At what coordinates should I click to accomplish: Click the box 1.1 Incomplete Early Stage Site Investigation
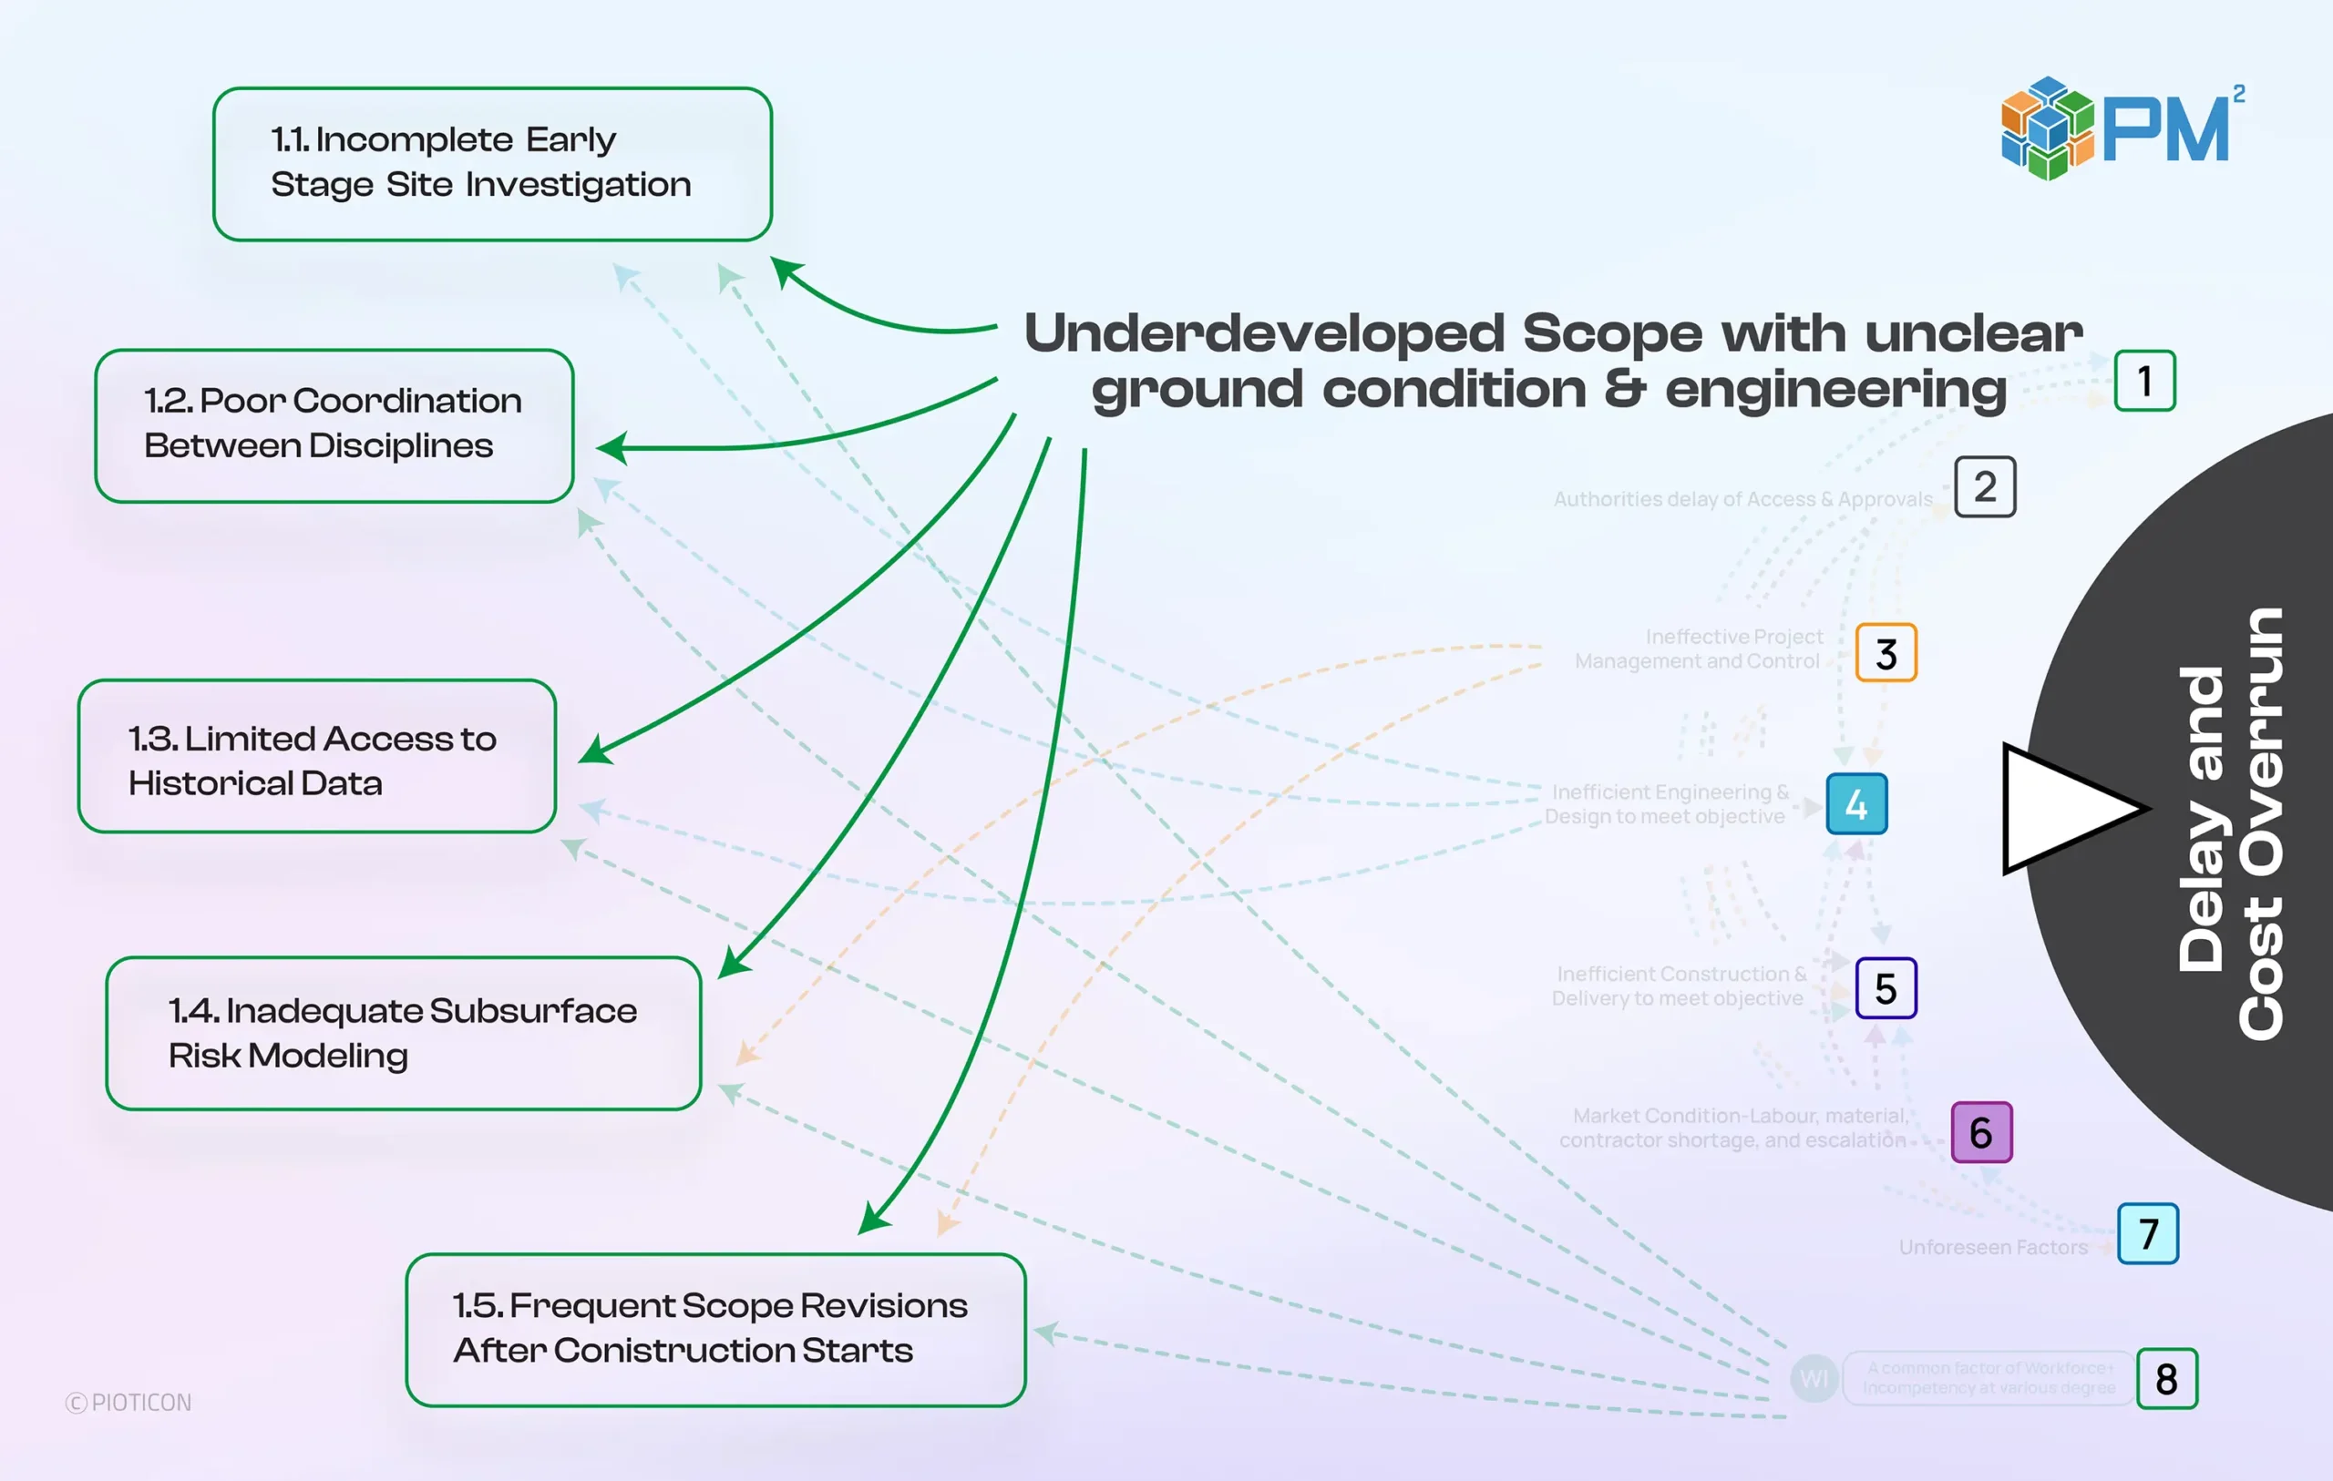coord(492,164)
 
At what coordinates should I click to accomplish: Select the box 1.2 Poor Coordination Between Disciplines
coord(334,425)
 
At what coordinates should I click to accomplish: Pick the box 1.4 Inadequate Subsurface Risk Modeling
coord(403,1033)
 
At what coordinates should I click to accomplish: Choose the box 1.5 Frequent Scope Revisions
coord(715,1329)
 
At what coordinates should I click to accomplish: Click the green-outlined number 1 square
coord(2144,381)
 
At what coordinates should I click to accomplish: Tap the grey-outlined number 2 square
coord(1984,486)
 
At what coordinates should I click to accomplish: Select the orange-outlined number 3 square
coord(1886,653)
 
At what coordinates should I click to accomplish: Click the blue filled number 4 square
coord(1856,804)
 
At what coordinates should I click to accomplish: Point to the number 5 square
coord(1886,988)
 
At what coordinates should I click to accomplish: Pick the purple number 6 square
coord(1980,1131)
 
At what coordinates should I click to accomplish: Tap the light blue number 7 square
coord(2147,1233)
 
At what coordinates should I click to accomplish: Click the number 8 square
coord(2166,1377)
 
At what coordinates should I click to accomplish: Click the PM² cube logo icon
coord(2047,128)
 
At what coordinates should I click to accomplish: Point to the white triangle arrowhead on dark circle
coord(2063,808)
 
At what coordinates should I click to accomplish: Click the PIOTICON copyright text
coord(128,1403)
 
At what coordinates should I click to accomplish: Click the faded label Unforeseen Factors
coord(1992,1247)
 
